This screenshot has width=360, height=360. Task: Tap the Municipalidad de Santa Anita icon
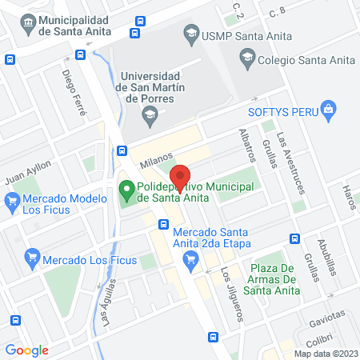29,21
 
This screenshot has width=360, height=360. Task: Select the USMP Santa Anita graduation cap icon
190,34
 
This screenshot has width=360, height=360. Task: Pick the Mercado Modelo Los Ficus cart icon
11,204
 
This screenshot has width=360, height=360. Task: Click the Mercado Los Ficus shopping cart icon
32,258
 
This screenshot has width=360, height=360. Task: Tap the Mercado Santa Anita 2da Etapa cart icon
190,258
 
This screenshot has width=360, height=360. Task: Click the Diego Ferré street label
74,93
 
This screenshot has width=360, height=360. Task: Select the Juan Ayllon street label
28,170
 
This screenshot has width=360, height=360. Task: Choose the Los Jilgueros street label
232,293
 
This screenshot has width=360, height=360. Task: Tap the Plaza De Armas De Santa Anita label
274,278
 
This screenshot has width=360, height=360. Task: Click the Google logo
27,350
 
